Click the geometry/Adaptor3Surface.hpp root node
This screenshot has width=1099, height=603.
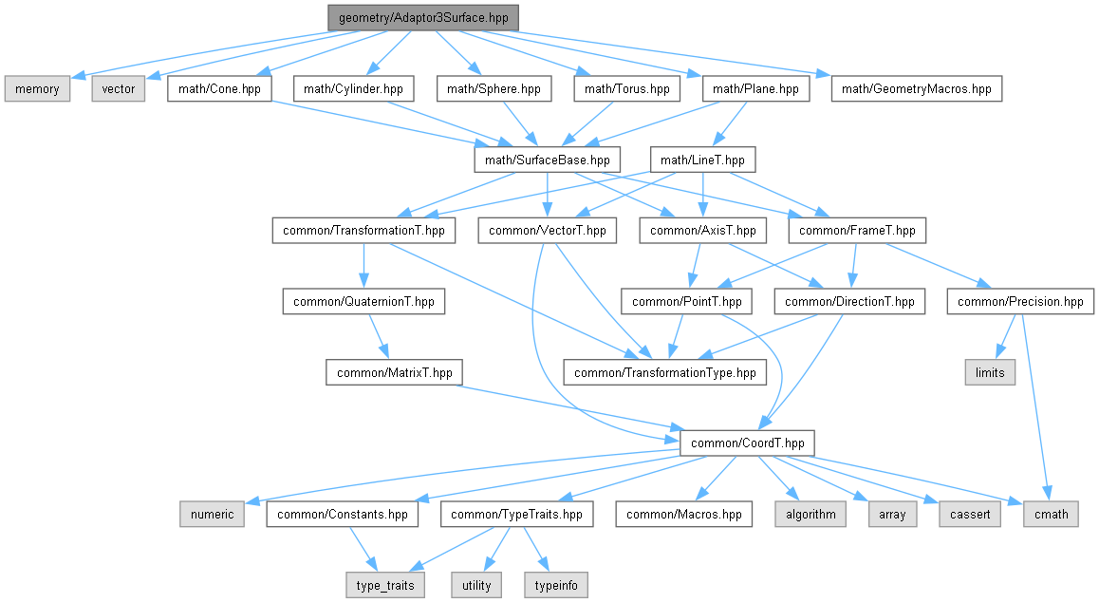click(423, 17)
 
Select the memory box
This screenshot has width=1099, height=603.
click(37, 89)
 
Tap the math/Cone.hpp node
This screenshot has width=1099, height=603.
click(219, 89)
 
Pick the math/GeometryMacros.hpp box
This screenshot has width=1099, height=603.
click(916, 89)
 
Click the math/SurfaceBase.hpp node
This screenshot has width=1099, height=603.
click(548, 160)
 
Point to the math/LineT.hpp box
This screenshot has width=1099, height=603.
click(702, 160)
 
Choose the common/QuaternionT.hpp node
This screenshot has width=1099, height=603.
click(363, 302)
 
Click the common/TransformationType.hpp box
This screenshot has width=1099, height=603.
click(665, 372)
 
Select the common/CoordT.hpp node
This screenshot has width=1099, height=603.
click(747, 443)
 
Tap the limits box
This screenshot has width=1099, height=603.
click(990, 372)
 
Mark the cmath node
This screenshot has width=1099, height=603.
click(1051, 514)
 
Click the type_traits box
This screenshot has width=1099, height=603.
click(385, 586)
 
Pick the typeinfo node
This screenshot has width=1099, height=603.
click(556, 586)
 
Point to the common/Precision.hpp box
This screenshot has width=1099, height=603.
click(1020, 302)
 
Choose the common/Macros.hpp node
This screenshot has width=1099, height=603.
click(684, 514)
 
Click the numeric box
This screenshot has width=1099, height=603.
click(212, 514)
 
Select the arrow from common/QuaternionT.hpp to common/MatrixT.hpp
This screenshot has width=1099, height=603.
click(378, 336)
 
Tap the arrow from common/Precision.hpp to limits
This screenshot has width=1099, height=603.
click(1006, 336)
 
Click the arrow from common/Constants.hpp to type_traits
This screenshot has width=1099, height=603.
click(363, 550)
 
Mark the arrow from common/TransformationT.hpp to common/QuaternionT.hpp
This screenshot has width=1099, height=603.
click(363, 266)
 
